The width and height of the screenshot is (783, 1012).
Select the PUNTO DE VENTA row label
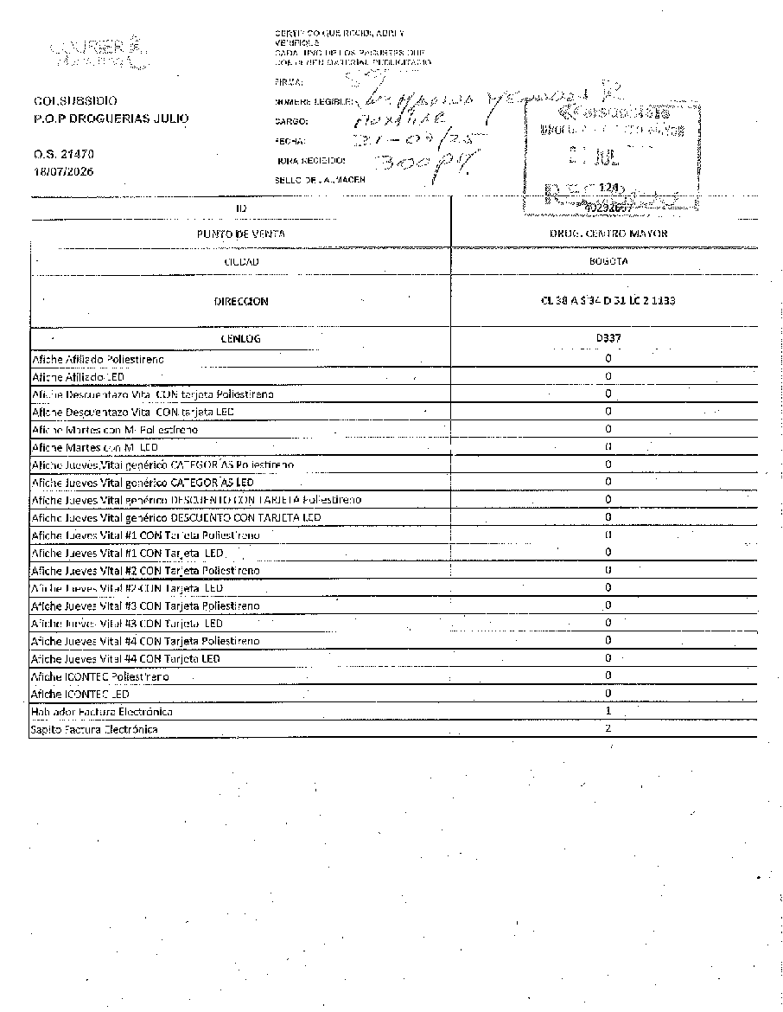click(241, 234)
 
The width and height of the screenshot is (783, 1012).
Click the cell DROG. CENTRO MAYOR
click(608, 234)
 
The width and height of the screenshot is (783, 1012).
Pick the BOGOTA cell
click(608, 260)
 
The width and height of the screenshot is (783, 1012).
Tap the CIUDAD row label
click(241, 260)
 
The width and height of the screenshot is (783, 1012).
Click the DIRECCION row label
click(241, 302)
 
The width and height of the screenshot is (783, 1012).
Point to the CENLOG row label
click(241, 338)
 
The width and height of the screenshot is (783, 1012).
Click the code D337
click(608, 338)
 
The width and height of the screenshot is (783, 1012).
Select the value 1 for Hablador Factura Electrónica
click(608, 711)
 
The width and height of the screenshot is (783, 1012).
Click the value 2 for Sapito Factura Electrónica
click(608, 728)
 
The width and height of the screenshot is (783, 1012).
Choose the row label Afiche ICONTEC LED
click(80, 694)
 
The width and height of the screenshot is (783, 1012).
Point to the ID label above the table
click(241, 208)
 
